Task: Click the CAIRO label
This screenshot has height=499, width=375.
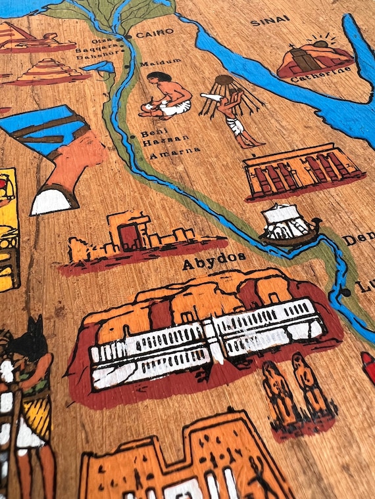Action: tap(155, 32)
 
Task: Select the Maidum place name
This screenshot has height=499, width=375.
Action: tap(162, 61)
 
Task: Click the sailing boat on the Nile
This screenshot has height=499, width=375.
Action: tap(289, 225)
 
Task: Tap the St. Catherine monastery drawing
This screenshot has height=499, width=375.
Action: tap(314, 58)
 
